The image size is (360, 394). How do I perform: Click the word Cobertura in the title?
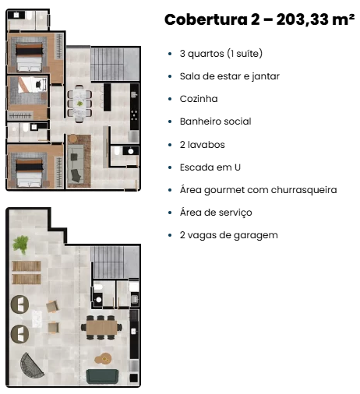206,19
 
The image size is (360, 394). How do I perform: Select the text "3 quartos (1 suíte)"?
221,54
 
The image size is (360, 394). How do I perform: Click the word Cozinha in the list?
199,99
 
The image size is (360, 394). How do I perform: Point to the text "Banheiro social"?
215,121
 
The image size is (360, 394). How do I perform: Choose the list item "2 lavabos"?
202,145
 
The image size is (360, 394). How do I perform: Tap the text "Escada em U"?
210,167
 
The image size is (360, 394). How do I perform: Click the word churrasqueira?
304,190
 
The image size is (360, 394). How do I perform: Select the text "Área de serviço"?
216,213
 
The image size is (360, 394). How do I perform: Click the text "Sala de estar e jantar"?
230,76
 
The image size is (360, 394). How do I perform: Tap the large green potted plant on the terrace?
20,244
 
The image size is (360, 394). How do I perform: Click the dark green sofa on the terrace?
102,376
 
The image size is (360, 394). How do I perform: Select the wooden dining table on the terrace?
101,328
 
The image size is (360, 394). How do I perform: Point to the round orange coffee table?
103,359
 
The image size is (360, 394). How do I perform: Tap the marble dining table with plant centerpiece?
79,104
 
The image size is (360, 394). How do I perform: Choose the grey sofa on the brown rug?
76,164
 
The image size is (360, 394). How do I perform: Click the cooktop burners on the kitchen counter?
134,115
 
